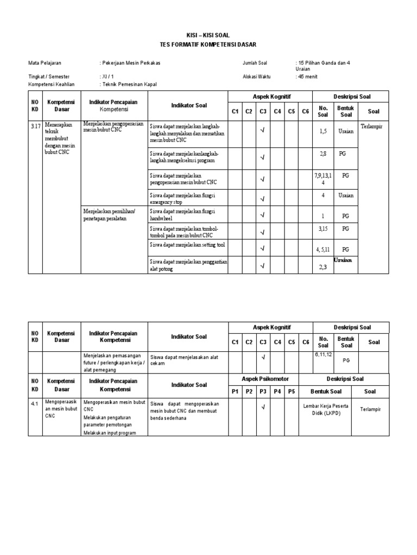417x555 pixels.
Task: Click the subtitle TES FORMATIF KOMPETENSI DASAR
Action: [208, 44]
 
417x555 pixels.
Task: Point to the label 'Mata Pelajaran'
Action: [45, 63]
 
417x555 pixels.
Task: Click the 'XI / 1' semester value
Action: [108, 77]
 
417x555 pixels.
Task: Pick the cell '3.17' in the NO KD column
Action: [35, 125]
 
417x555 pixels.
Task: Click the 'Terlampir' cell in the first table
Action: [373, 125]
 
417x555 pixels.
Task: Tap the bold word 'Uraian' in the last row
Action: [343, 260]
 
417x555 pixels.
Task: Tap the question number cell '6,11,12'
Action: [323, 354]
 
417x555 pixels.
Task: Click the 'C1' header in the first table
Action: [235, 111]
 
